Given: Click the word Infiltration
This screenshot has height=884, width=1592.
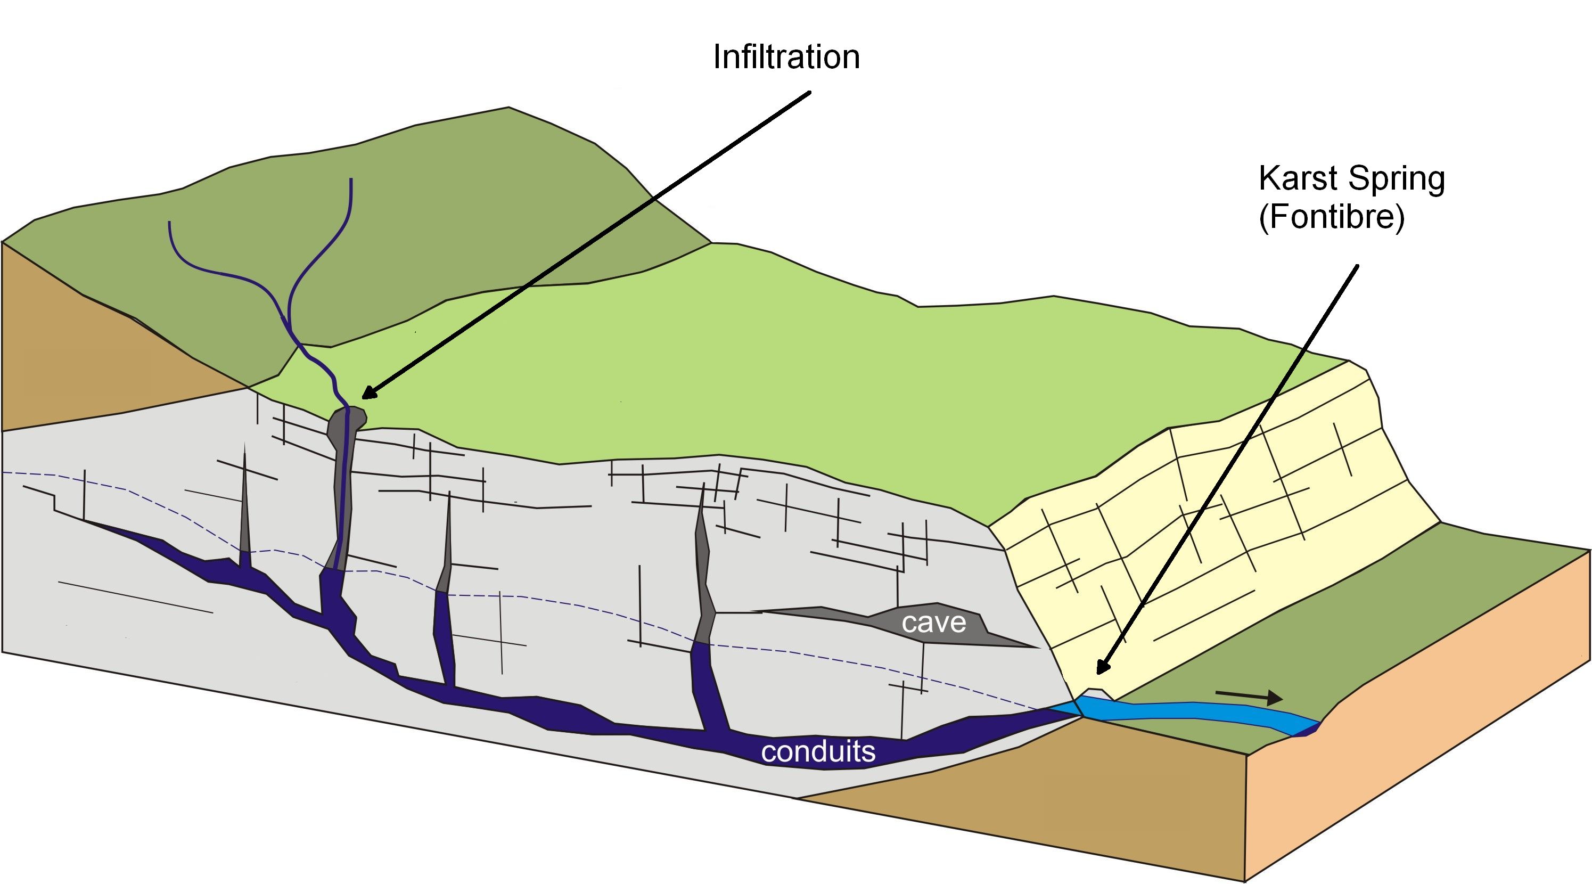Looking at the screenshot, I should pos(786,57).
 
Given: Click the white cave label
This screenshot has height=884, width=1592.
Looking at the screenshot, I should pos(933,623).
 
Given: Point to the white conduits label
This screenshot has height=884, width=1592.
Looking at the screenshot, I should pos(818,751).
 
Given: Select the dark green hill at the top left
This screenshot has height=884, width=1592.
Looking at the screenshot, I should pos(432,216).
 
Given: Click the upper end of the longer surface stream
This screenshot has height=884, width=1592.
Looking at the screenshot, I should pos(351,181).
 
